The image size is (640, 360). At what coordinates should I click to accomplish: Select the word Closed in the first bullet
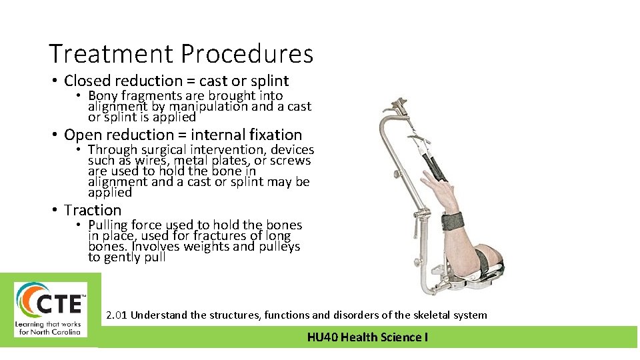pyautogui.click(x=87, y=81)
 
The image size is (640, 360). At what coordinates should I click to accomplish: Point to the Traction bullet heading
pyautogui.click(x=93, y=211)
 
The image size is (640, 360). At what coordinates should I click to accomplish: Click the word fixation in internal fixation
pyautogui.click(x=273, y=135)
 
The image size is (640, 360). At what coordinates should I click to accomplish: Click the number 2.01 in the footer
pyautogui.click(x=117, y=315)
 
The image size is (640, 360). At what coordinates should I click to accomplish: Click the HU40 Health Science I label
pyautogui.click(x=367, y=337)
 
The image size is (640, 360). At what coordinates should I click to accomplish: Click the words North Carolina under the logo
pyautogui.click(x=58, y=331)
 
